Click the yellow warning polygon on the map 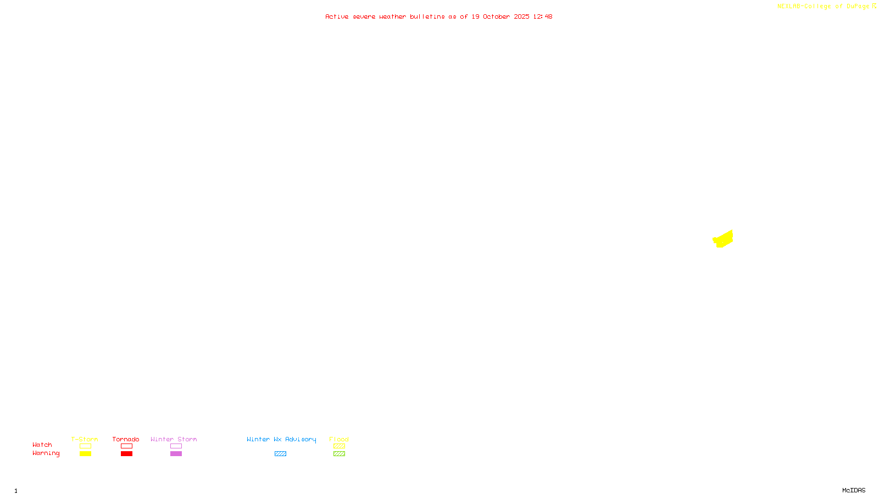coord(724,239)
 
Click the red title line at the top coord(438,16)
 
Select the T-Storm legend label coord(85,439)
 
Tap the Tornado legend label coord(126,439)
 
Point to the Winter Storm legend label coord(174,439)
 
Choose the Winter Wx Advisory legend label coord(281,439)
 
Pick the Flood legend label coord(339,439)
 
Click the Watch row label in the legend coord(42,445)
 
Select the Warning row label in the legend coord(46,453)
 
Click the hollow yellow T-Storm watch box coord(85,446)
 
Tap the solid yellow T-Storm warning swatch coord(85,454)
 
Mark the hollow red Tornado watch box coord(126,446)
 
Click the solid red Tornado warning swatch coord(126,454)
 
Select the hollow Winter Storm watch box coord(176,446)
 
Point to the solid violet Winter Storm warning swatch coord(176,454)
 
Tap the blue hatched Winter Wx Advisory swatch coord(280,454)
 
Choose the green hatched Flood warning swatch coord(339,454)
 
